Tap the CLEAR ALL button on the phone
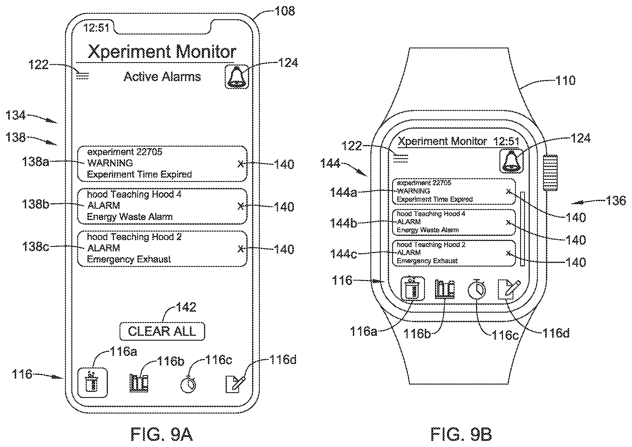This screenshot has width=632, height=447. point(162,331)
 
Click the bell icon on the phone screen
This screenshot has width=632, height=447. point(237,77)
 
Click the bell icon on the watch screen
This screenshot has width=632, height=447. point(511,161)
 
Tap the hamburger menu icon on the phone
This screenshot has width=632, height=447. point(82,76)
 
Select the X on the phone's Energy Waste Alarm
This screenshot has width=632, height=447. point(241,206)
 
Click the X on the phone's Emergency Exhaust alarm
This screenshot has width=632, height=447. point(241,249)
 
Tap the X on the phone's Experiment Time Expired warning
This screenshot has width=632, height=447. point(241,164)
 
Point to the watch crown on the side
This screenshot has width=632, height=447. point(550,173)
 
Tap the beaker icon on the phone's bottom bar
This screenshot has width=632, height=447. point(92,383)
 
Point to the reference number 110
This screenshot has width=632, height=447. point(565,81)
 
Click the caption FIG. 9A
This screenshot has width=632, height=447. point(162,434)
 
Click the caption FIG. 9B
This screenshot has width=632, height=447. point(461,434)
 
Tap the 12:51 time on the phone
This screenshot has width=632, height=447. point(96,28)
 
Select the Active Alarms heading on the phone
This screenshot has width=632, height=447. point(162,76)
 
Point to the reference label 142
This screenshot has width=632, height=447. point(186,307)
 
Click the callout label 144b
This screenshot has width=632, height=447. point(343,223)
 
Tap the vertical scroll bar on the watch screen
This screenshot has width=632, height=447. point(523,229)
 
